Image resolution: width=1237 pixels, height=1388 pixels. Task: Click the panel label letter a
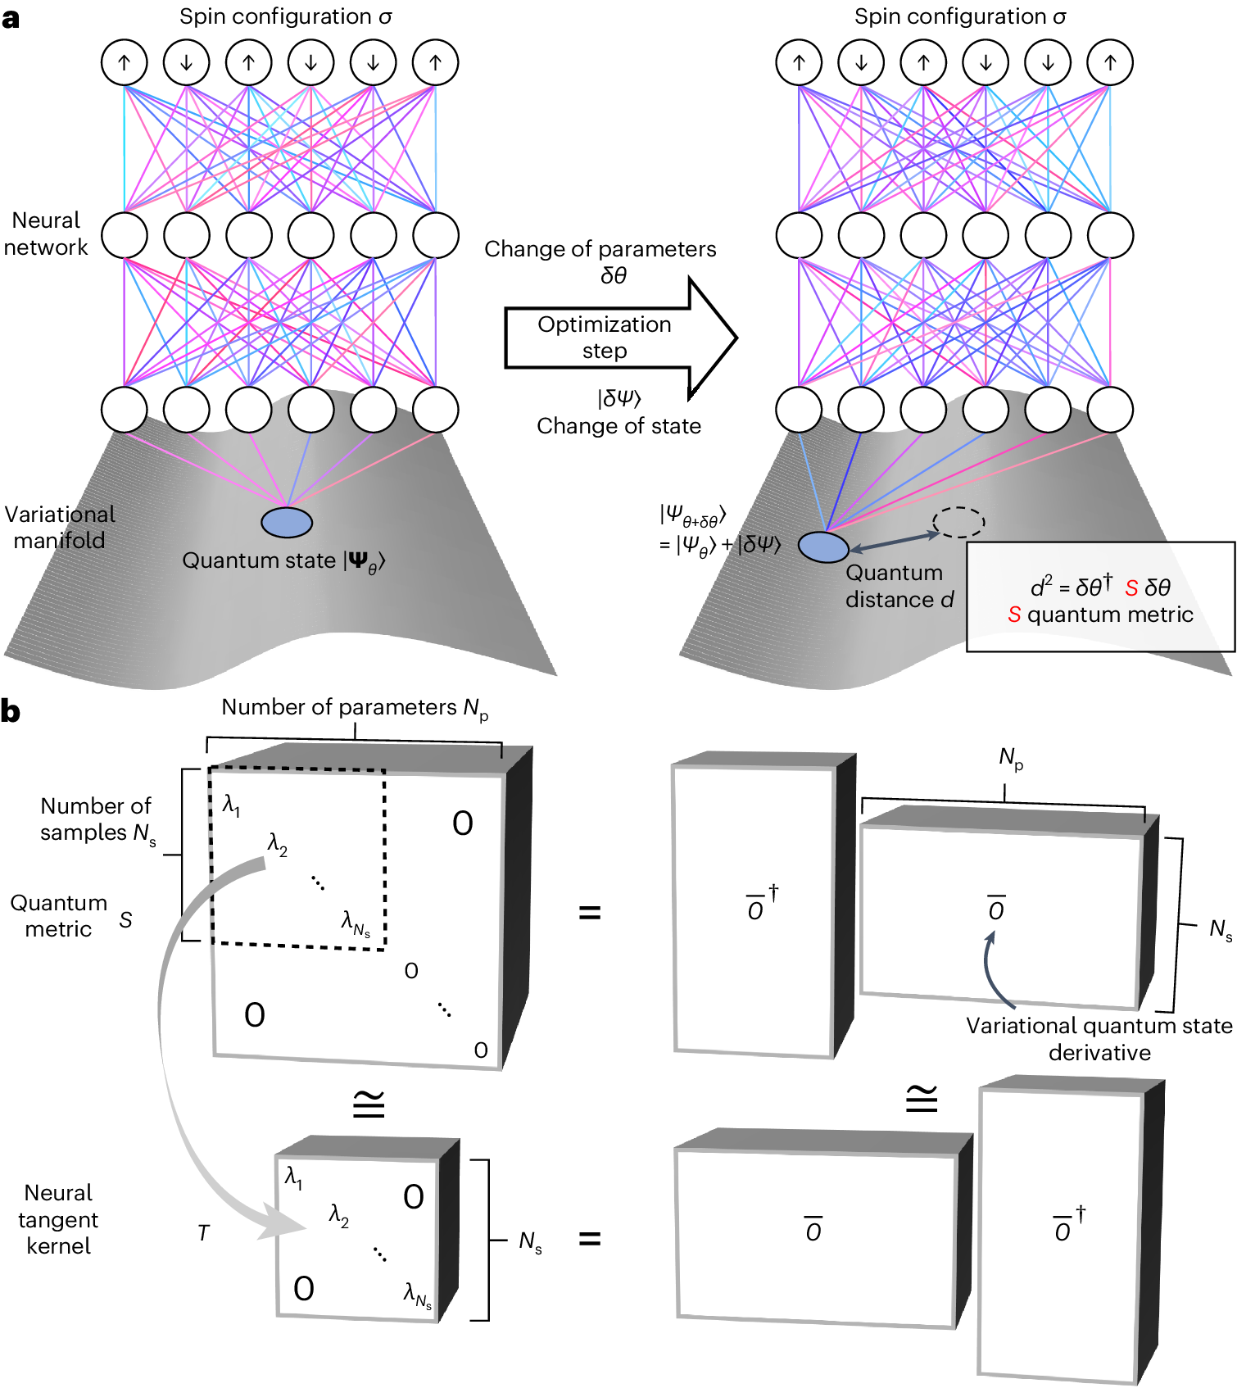(x=11, y=18)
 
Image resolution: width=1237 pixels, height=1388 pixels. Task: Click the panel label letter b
(x=11, y=711)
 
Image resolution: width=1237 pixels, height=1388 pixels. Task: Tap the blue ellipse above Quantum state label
(x=287, y=522)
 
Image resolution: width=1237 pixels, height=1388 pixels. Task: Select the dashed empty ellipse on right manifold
(x=958, y=522)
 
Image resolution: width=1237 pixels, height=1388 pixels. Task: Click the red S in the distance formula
(x=1131, y=587)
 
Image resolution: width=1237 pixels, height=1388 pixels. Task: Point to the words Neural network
(x=46, y=234)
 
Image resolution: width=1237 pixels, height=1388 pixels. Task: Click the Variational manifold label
(x=59, y=527)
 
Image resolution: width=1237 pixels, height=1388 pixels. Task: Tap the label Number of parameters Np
(x=355, y=708)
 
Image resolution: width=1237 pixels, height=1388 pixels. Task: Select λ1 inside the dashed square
(x=232, y=805)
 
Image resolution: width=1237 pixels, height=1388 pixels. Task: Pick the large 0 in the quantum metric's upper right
(x=463, y=823)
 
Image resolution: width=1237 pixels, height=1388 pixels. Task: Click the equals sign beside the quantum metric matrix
(x=590, y=912)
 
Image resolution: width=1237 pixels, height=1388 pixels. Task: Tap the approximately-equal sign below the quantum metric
(x=369, y=1105)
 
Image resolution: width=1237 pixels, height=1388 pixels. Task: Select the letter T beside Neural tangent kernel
(x=204, y=1233)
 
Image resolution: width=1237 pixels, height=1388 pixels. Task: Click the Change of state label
(x=618, y=426)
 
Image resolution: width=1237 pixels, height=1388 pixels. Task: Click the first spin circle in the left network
(x=125, y=62)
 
